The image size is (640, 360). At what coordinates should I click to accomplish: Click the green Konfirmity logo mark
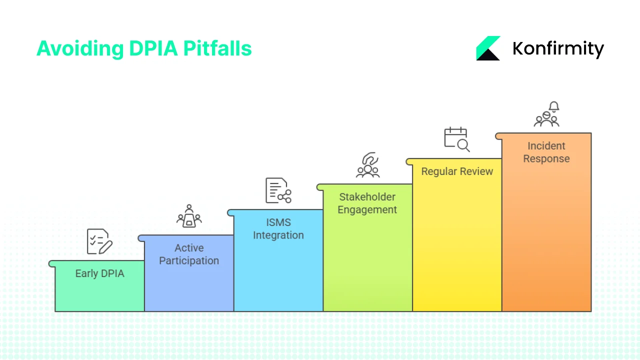pyautogui.click(x=488, y=48)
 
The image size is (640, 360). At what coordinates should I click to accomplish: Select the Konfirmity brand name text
pyautogui.click(x=558, y=48)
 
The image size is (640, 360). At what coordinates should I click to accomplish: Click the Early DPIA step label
pyautogui.click(x=99, y=273)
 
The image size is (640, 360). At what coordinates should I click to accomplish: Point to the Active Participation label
pyautogui.click(x=189, y=254)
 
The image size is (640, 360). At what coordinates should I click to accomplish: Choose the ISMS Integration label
pyautogui.click(x=278, y=228)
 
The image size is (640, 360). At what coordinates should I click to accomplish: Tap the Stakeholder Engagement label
pyautogui.click(x=367, y=203)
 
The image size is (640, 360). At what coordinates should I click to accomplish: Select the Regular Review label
pyautogui.click(x=457, y=171)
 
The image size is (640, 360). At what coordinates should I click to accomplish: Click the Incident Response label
pyautogui.click(x=546, y=152)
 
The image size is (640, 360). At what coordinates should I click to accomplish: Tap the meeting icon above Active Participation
pyautogui.click(x=189, y=216)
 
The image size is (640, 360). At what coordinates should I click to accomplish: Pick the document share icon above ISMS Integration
pyautogui.click(x=278, y=190)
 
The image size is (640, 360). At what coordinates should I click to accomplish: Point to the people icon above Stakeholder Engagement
pyautogui.click(x=367, y=165)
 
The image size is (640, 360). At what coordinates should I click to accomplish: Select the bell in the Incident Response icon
pyautogui.click(x=553, y=106)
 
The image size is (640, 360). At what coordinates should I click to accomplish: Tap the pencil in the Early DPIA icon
pyautogui.click(x=105, y=246)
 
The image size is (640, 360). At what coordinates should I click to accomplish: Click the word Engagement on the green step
pyautogui.click(x=367, y=209)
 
